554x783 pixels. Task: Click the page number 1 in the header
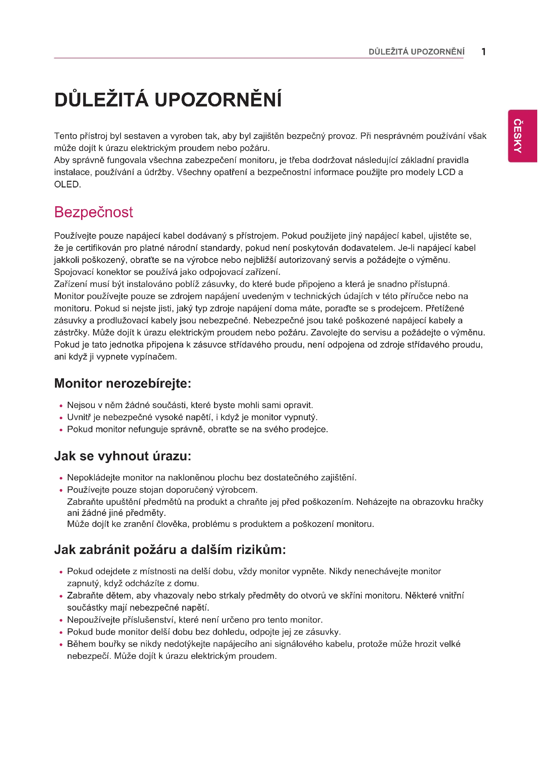pos(483,52)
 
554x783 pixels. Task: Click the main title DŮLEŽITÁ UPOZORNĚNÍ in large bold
pos(168,100)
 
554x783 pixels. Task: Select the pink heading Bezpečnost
pos(93,212)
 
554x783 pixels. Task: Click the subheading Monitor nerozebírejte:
pos(123,383)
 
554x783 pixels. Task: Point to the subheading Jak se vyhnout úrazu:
pos(123,456)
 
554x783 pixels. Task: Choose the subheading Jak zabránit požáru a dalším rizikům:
pos(170,549)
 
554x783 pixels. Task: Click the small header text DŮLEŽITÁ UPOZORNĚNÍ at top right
pos(416,52)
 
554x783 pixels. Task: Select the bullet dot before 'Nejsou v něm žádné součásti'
pos(61,406)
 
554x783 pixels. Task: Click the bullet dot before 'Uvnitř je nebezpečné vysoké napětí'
pos(61,418)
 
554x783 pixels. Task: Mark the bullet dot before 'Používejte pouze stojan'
pos(61,490)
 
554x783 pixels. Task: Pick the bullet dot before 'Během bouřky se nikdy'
pos(61,644)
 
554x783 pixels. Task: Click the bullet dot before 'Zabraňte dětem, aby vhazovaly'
pos(61,596)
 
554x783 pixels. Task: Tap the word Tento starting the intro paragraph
pos(66,136)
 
